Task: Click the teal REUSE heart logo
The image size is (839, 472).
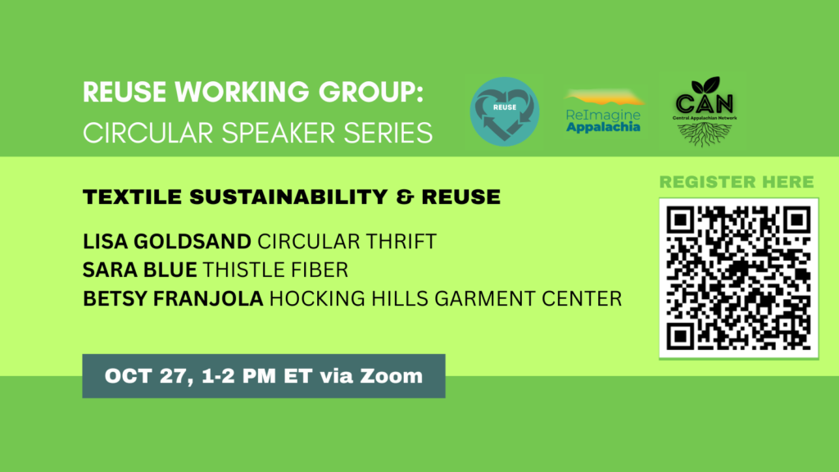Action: click(x=505, y=111)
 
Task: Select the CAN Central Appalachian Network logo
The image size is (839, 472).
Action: click(x=705, y=111)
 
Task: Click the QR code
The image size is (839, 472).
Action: click(x=738, y=278)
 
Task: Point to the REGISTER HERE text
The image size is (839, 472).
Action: click(x=737, y=182)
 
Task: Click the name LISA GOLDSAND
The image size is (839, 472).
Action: click(x=167, y=242)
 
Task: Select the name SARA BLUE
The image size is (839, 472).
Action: click(x=139, y=270)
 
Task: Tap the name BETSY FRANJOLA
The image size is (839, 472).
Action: click(x=173, y=298)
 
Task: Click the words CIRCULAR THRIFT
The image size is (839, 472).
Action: click(x=347, y=242)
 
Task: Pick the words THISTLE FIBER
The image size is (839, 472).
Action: click(x=275, y=270)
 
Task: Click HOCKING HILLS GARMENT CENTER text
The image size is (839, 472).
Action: click(x=446, y=298)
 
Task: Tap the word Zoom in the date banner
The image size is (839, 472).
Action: click(x=391, y=375)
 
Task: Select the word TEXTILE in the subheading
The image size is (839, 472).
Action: click(x=132, y=197)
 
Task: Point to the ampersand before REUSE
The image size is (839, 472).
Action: click(x=405, y=197)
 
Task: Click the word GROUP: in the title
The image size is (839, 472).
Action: click(x=371, y=92)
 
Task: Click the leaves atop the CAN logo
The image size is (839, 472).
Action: click(x=705, y=85)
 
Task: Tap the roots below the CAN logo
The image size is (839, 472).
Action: click(x=705, y=134)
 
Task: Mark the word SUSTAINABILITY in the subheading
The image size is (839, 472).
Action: click(x=288, y=197)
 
